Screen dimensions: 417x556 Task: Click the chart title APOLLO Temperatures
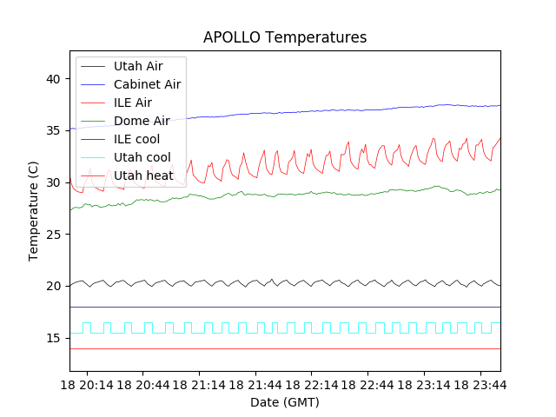point(285,37)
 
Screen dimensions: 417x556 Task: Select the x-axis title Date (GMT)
point(285,402)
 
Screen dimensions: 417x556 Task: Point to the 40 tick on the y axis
point(54,79)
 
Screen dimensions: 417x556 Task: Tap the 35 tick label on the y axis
point(54,130)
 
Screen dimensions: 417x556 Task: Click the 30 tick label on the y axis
point(54,182)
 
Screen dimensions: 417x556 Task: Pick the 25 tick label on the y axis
point(54,234)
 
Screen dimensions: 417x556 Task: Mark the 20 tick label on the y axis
point(54,286)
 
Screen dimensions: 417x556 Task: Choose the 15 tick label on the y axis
point(54,337)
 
